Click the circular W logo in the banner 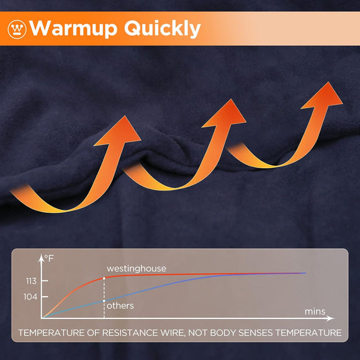pyautogui.click(x=17, y=29)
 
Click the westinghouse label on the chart pyautogui.click(x=137, y=269)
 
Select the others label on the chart pyautogui.click(x=120, y=305)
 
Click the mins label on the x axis pyautogui.click(x=315, y=310)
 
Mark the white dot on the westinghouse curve pyautogui.click(x=104, y=278)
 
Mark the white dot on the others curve pyautogui.click(x=104, y=301)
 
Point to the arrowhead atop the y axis pyautogui.click(x=42, y=256)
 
